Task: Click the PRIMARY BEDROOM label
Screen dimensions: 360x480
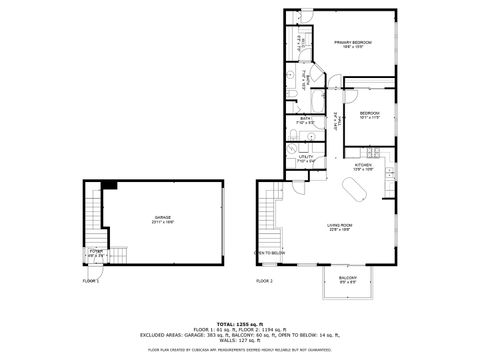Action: (352, 43)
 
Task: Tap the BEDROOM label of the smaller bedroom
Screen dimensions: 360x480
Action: (370, 113)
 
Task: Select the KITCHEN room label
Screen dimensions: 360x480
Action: (363, 167)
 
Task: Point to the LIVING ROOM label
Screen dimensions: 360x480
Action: (339, 227)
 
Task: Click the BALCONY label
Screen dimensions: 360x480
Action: (347, 279)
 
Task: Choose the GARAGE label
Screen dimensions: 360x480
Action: (162, 217)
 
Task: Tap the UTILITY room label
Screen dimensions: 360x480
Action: (306, 157)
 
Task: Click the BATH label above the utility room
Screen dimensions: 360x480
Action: (305, 120)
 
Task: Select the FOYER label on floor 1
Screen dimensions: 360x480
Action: (96, 251)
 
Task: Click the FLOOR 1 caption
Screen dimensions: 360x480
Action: (91, 282)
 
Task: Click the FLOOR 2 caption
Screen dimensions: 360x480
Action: (264, 282)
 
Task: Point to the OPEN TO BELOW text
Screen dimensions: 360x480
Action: (270, 253)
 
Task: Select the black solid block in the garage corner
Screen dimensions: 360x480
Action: (109, 185)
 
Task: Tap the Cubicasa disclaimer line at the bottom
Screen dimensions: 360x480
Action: (240, 350)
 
